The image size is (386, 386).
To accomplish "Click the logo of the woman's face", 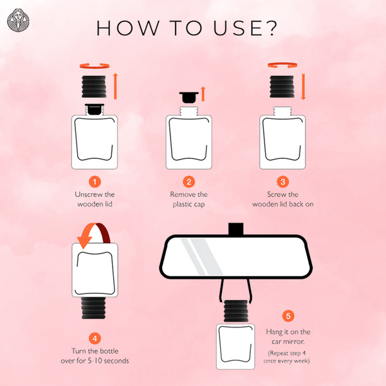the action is click(18, 21).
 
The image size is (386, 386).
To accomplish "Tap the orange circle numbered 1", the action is click(95, 182).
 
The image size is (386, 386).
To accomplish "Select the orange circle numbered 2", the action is click(188, 182).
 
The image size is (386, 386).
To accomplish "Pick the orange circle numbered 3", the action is click(283, 182).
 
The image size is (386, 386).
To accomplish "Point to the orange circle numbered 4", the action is click(95, 338).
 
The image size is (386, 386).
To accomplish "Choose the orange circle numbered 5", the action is click(288, 316).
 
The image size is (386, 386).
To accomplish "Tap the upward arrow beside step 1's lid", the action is click(115, 86).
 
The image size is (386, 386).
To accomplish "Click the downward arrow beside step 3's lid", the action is click(303, 86).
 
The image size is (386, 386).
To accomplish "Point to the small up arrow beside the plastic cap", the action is click(203, 94).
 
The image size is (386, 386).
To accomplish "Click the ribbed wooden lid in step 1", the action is click(94, 87).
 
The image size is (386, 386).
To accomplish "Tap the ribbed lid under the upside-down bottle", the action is click(93, 308).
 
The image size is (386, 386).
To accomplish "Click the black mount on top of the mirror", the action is click(236, 229).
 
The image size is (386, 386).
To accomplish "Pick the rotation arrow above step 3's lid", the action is click(282, 65).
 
